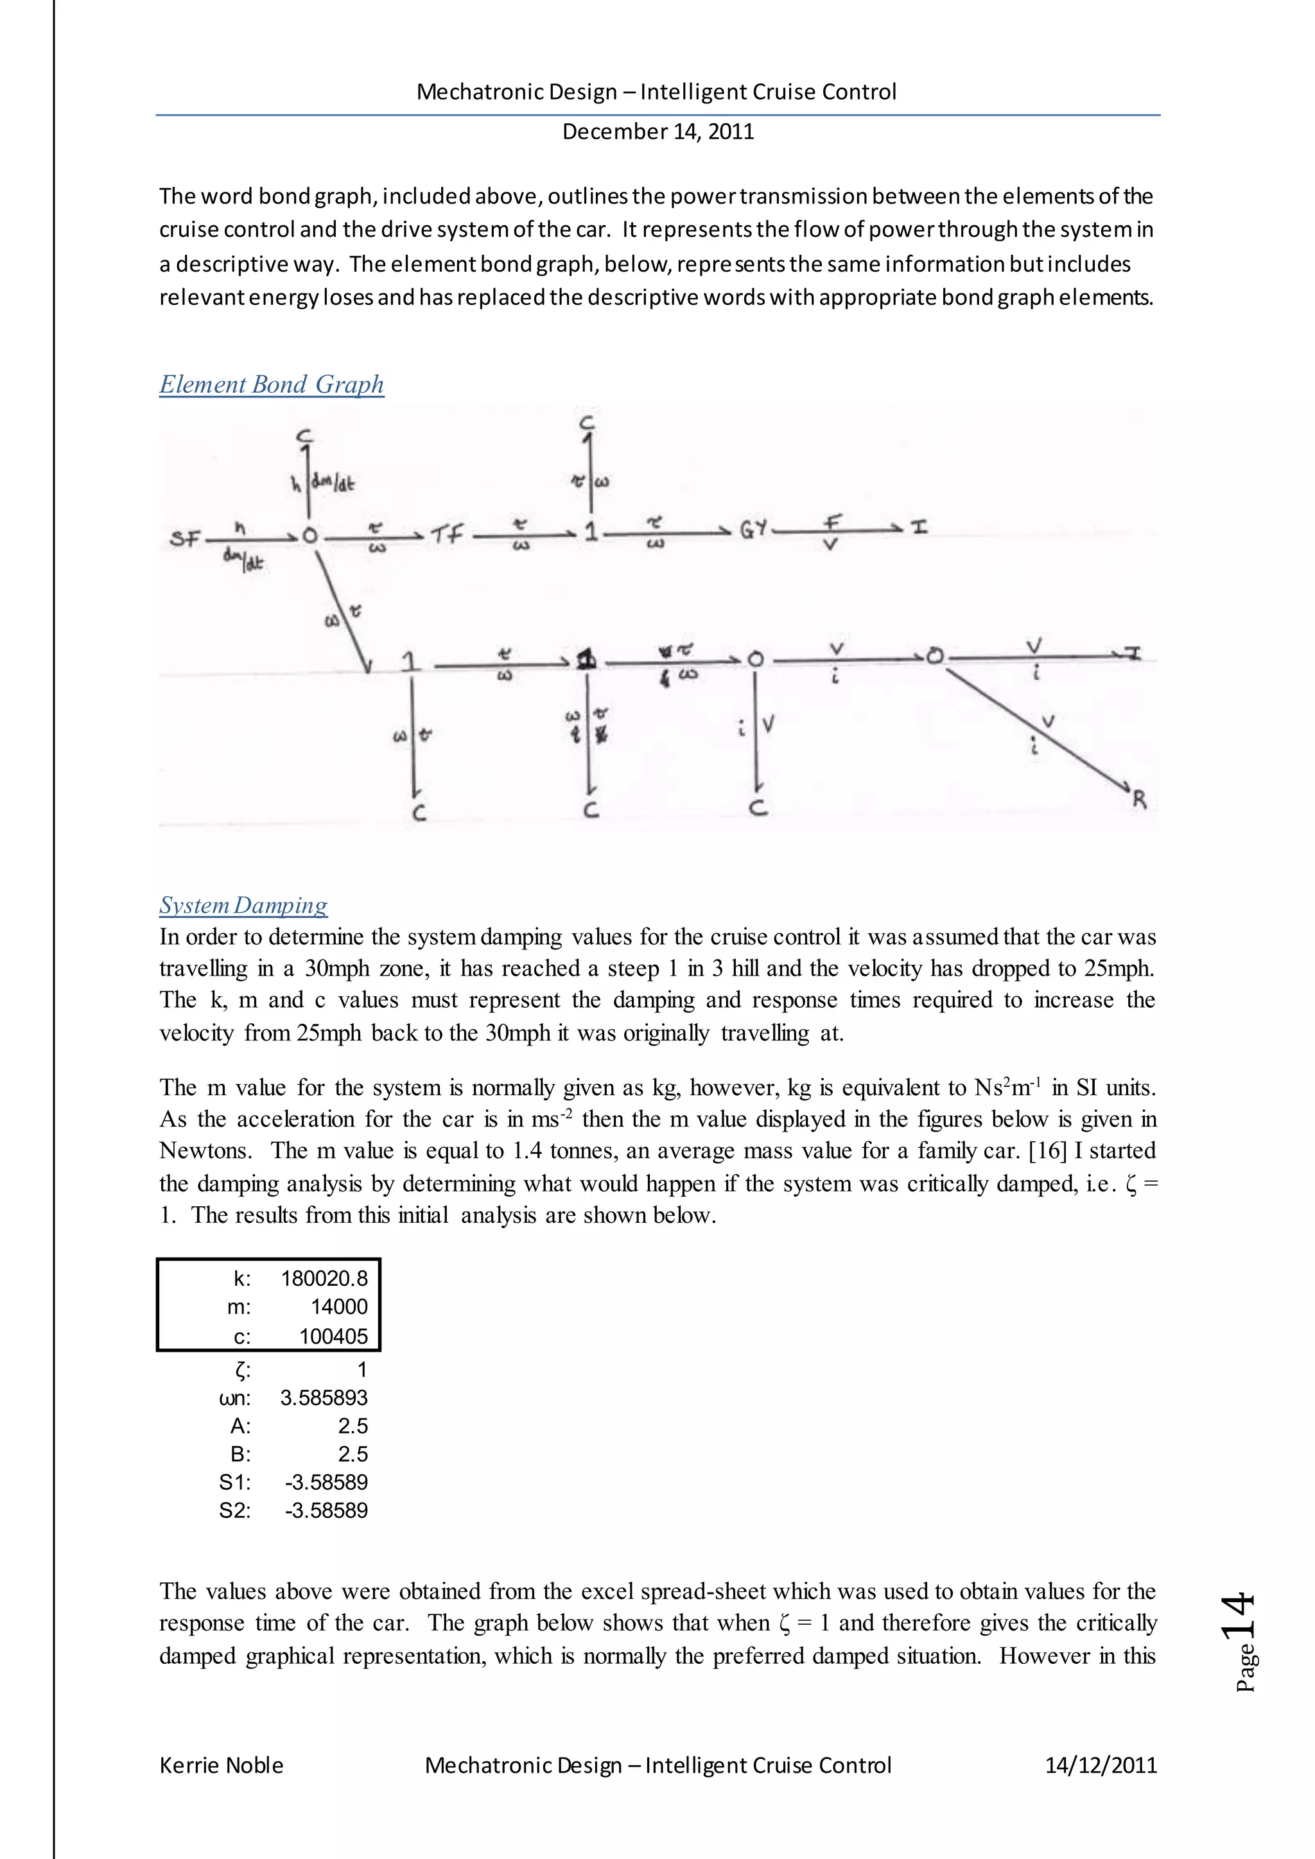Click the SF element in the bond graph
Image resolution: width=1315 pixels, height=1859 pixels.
pos(186,539)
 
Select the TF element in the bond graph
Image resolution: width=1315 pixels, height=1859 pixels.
pos(446,534)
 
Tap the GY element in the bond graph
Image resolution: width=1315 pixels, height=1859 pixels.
pos(753,531)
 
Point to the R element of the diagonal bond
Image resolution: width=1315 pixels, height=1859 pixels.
pos(1139,800)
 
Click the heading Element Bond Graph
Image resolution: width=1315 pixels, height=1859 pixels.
pos(271,385)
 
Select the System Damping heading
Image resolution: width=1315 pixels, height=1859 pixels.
pos(243,905)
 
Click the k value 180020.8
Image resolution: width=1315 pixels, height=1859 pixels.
pos(324,1279)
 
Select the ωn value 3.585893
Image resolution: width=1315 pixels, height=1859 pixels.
pos(324,1397)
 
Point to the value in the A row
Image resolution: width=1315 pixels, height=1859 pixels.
pos(353,1426)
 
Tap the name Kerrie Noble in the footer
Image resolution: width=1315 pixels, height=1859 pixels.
pos(221,1765)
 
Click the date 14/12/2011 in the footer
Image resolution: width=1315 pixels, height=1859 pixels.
pos(1101,1765)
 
